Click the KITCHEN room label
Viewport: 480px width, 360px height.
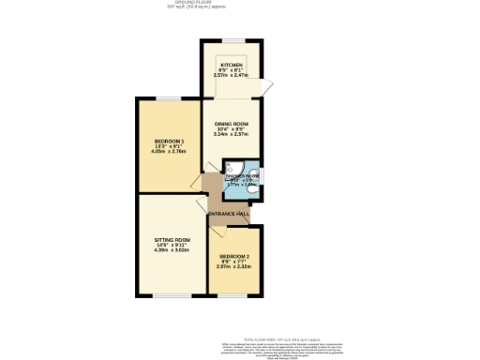click(232, 65)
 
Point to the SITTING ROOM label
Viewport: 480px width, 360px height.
click(172, 240)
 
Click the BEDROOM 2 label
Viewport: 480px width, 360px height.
click(235, 257)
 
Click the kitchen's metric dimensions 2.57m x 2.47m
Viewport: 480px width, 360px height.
click(232, 76)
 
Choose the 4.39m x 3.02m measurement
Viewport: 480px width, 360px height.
click(172, 251)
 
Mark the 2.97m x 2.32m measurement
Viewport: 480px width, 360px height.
click(235, 268)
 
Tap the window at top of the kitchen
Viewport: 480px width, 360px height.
click(231, 40)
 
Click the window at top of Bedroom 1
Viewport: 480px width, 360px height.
click(169, 97)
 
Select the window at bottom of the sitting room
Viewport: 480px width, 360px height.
click(171, 296)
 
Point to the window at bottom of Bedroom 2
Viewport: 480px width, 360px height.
click(235, 296)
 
